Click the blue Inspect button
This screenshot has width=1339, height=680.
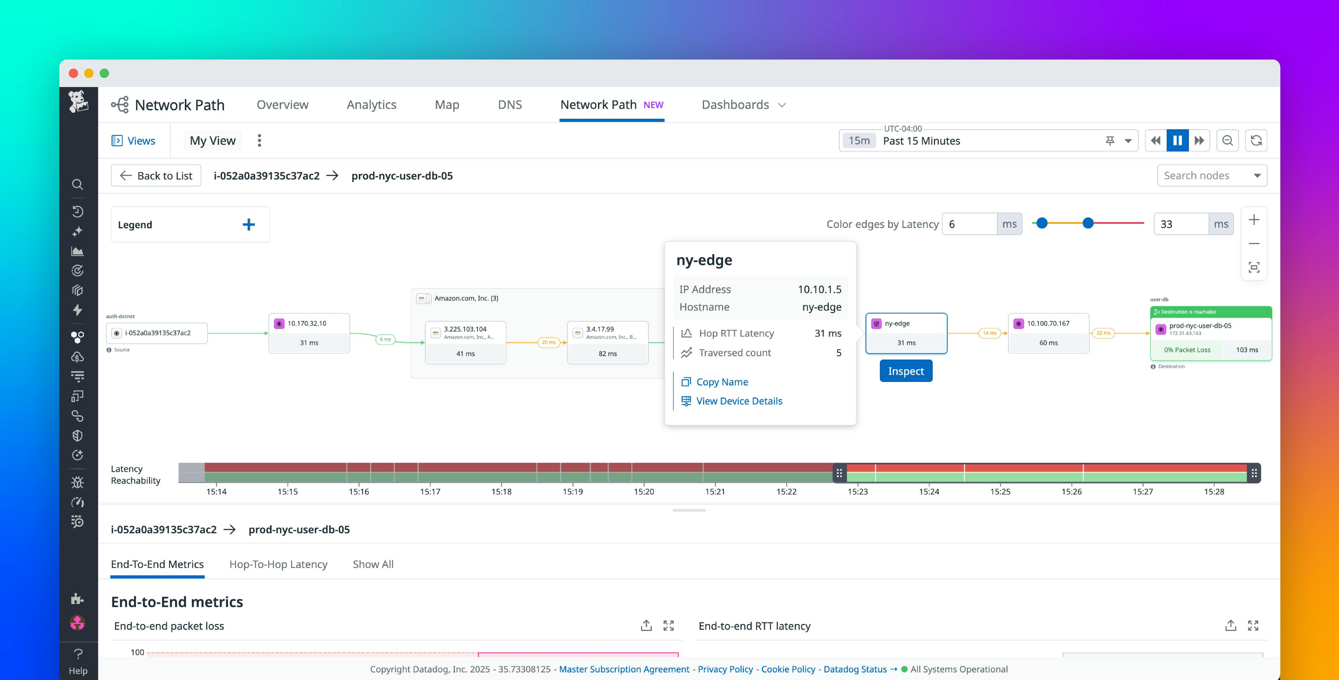[906, 371]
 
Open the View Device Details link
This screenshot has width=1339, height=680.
[739, 401]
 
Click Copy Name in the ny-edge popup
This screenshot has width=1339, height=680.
[722, 382]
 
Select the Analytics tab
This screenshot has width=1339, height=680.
[371, 105]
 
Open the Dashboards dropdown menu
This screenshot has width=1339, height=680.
[743, 105]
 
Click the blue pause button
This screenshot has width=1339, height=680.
[1177, 140]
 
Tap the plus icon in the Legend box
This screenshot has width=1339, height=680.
[248, 224]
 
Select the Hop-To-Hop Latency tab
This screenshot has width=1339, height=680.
[278, 564]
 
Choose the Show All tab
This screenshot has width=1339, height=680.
[373, 564]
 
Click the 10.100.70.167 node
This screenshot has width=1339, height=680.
[1048, 333]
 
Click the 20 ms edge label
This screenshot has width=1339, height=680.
[548, 342]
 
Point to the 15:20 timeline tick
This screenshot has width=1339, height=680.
[643, 491]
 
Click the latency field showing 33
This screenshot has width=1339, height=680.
[1180, 224]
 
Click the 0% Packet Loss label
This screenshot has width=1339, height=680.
[1187, 350]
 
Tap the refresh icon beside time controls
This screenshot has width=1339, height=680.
[1256, 140]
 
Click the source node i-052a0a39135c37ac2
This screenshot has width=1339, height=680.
[157, 333]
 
